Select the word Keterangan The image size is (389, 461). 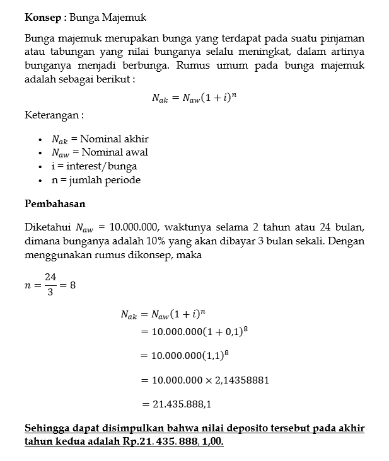(x=53, y=115)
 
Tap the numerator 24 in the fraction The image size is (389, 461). (x=50, y=276)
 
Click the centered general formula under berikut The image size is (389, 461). (x=194, y=98)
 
